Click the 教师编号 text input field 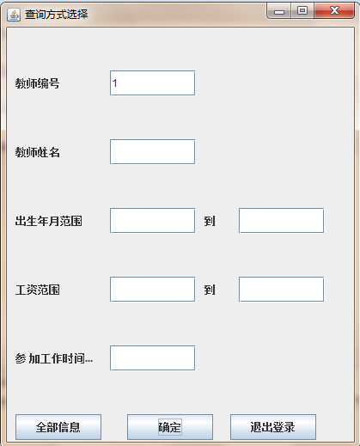click(152, 83)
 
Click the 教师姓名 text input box click(152, 152)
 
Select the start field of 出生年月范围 click(152, 221)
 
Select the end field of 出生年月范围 click(281, 221)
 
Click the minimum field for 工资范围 click(152, 290)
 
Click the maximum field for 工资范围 click(281, 290)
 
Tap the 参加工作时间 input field click(152, 358)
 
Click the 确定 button click(170, 427)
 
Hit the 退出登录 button click(273, 427)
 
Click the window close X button click(334, 11)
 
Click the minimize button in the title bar click(278, 11)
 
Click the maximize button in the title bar click(302, 11)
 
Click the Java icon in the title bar click(14, 15)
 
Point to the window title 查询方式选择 click(56, 15)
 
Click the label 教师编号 click(37, 83)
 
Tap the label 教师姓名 click(37, 152)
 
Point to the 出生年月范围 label click(49, 221)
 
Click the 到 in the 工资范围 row click(210, 290)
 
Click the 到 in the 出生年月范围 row click(210, 221)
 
